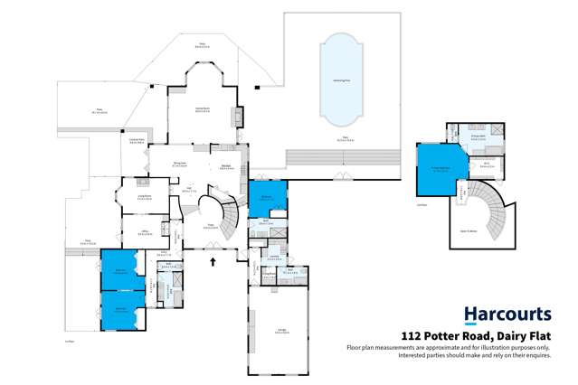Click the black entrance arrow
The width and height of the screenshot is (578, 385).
(x=213, y=262)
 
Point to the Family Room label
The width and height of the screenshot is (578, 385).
(x=204, y=108)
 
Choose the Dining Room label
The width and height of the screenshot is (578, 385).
(x=180, y=164)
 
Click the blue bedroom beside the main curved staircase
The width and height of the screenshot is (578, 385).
(x=268, y=197)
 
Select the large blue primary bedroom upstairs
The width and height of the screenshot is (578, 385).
(x=441, y=169)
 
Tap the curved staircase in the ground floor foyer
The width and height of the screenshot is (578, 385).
(x=229, y=215)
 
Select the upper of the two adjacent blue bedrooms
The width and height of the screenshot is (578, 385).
(x=119, y=269)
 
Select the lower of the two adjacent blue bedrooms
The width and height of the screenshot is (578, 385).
(x=120, y=309)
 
